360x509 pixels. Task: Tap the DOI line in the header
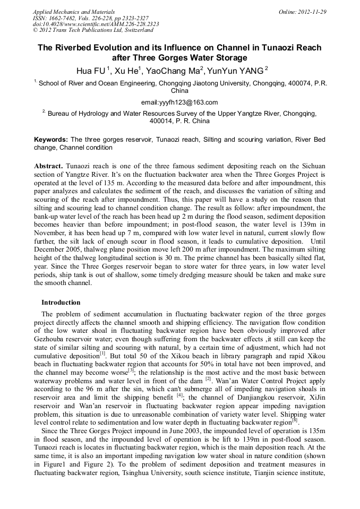96,24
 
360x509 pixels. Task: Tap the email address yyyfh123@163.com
179,102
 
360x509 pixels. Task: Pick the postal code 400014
161,121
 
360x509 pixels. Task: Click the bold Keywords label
51,139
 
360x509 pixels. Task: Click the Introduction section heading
61,303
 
